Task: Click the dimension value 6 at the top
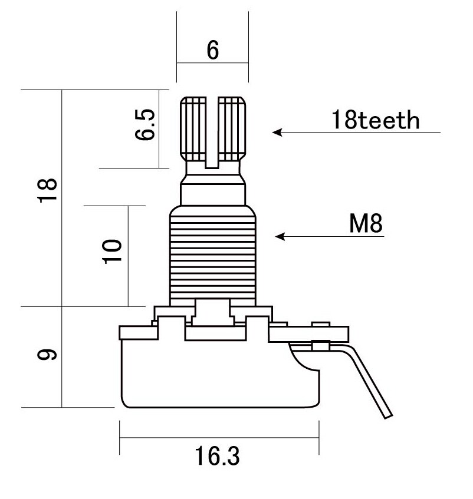pyautogui.click(x=212, y=50)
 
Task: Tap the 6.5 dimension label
pyautogui.click(x=145, y=124)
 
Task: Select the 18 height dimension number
pyautogui.click(x=47, y=190)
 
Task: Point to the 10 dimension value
pyautogui.click(x=112, y=252)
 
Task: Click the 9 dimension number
pyautogui.click(x=47, y=354)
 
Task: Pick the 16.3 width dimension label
pyautogui.click(x=217, y=456)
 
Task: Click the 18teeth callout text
pyautogui.click(x=375, y=120)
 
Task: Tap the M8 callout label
pyautogui.click(x=366, y=223)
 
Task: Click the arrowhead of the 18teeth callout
pyautogui.click(x=277, y=132)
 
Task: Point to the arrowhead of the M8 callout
pyautogui.click(x=280, y=236)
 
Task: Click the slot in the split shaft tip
pyautogui.click(x=212, y=132)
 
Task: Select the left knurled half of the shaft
pyautogui.click(x=193, y=128)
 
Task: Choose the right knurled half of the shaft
pyautogui.click(x=232, y=128)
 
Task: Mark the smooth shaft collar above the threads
pyautogui.click(x=213, y=195)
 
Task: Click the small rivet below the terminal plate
pyautogui.click(x=320, y=345)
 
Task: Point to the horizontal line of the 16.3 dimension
pyautogui.click(x=219, y=438)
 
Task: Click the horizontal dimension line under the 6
pyautogui.click(x=212, y=62)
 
